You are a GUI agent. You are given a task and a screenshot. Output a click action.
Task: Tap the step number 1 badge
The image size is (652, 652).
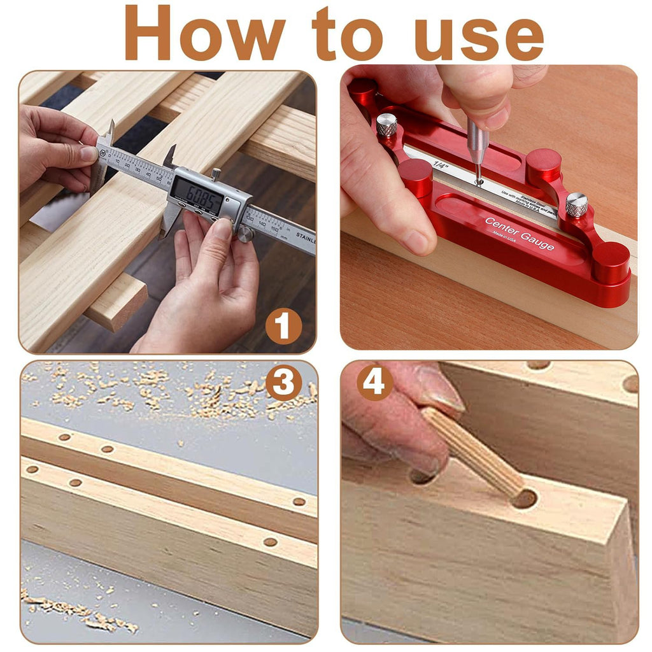tap(283, 327)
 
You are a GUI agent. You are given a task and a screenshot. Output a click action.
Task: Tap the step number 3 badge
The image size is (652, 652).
tap(283, 383)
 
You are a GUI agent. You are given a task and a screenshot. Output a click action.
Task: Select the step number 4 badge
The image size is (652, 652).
tap(374, 383)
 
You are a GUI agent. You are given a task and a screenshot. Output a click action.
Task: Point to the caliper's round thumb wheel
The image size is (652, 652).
tap(245, 234)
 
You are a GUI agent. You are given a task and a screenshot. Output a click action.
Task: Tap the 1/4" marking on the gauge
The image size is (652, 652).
tap(440, 164)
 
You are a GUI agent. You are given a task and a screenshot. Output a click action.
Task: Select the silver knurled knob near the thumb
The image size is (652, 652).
tap(386, 124)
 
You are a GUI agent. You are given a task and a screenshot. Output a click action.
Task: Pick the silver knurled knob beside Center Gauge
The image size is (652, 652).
tap(577, 204)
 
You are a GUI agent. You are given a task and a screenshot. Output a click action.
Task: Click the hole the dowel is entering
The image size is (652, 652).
tap(524, 499)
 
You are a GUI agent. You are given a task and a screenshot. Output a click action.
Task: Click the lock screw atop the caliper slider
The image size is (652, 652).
tap(217, 173)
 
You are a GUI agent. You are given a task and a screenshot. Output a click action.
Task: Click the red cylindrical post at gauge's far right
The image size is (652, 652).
tap(611, 262)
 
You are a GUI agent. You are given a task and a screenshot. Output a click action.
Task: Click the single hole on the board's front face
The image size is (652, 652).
tap(270, 542)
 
